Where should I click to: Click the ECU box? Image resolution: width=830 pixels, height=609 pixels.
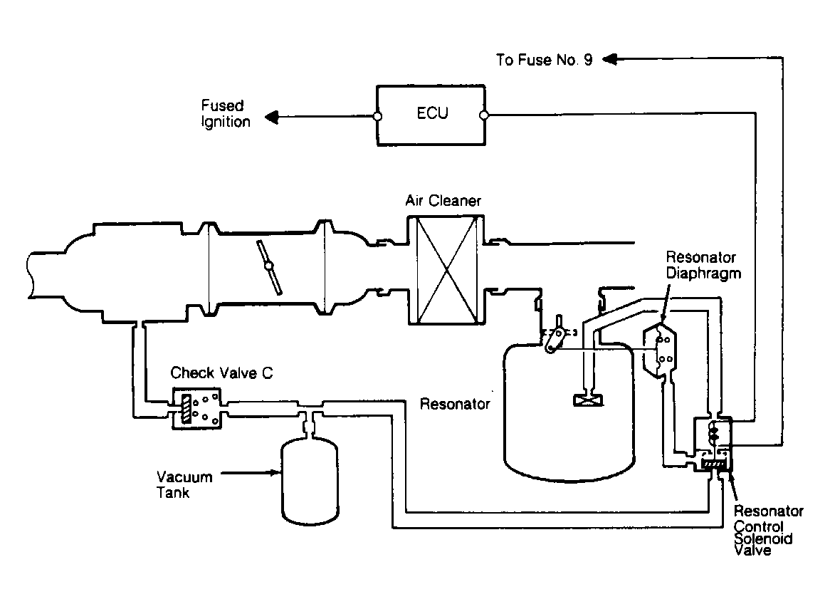point(431,115)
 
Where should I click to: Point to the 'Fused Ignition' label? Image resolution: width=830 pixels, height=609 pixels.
point(225,114)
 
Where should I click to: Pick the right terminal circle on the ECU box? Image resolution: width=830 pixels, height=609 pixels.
point(485,115)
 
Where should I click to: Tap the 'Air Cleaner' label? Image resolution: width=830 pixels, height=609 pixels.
point(443,201)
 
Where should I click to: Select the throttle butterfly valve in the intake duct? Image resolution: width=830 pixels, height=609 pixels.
point(269,266)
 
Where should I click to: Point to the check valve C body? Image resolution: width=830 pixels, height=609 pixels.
point(195,410)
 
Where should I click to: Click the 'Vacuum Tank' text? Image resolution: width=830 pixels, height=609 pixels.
point(182,484)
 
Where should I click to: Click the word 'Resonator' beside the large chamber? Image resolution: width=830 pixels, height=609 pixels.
point(455,405)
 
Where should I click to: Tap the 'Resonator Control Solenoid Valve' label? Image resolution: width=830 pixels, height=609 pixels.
point(768,531)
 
